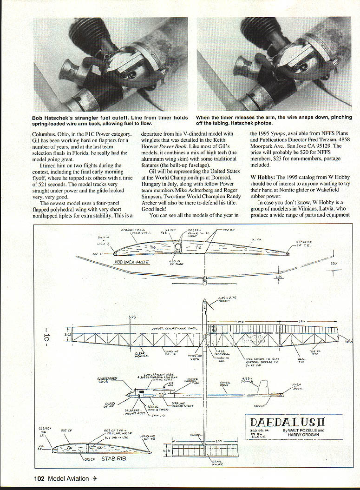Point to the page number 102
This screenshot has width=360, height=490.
[x=40, y=477]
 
